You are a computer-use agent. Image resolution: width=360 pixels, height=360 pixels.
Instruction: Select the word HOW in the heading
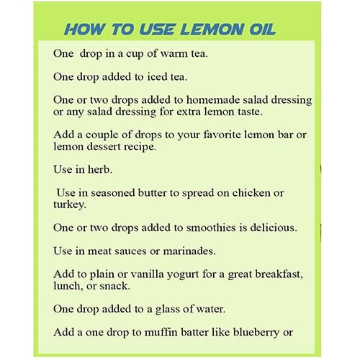click(x=84, y=30)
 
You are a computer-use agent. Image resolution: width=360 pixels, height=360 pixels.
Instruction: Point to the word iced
click(x=157, y=77)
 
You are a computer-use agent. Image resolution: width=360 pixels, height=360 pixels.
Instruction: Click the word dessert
click(x=104, y=147)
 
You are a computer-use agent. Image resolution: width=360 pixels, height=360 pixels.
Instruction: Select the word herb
click(x=99, y=169)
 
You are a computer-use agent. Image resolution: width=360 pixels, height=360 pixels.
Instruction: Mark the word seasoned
click(x=113, y=193)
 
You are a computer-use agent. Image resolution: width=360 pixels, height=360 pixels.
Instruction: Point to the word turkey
click(x=69, y=205)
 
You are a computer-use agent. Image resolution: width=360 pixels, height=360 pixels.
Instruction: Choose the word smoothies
click(x=211, y=228)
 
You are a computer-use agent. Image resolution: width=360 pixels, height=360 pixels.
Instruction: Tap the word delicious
click(x=274, y=228)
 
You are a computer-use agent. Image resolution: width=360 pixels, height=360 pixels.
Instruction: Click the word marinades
click(x=189, y=251)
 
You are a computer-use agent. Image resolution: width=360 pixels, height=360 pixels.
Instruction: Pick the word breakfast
click(x=279, y=274)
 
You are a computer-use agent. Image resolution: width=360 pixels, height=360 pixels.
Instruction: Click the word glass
click(x=167, y=310)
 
